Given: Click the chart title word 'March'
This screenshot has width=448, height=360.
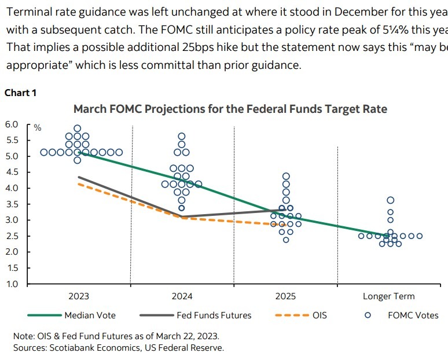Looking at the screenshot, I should [x=90, y=109].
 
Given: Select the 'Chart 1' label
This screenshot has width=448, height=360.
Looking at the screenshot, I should [x=21, y=93].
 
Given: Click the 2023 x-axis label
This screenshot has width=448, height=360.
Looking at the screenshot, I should [x=79, y=296].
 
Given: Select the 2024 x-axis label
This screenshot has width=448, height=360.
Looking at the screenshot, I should [x=182, y=296].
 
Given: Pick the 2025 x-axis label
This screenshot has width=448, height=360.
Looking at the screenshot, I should [x=285, y=296].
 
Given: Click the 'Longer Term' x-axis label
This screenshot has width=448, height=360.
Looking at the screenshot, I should [x=388, y=296].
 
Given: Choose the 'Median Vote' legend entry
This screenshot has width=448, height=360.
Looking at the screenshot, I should [x=90, y=315].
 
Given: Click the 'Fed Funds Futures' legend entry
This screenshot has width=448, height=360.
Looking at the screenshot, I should [x=214, y=315].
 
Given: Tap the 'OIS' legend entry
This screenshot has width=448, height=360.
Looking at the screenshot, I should [x=320, y=315].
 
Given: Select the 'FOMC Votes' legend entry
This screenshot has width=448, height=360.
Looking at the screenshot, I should [x=413, y=315].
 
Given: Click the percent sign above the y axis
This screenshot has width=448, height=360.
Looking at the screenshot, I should [x=38, y=128].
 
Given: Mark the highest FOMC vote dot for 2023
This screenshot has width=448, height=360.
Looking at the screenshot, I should [x=77, y=128].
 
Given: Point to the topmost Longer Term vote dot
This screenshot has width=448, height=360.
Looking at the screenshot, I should [x=391, y=200].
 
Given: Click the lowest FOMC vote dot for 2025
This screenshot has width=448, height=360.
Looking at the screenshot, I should [x=286, y=240].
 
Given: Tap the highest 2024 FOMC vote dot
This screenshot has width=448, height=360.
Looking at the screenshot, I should [x=181, y=137].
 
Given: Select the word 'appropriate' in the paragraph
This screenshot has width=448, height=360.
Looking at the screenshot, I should [x=36, y=65].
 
